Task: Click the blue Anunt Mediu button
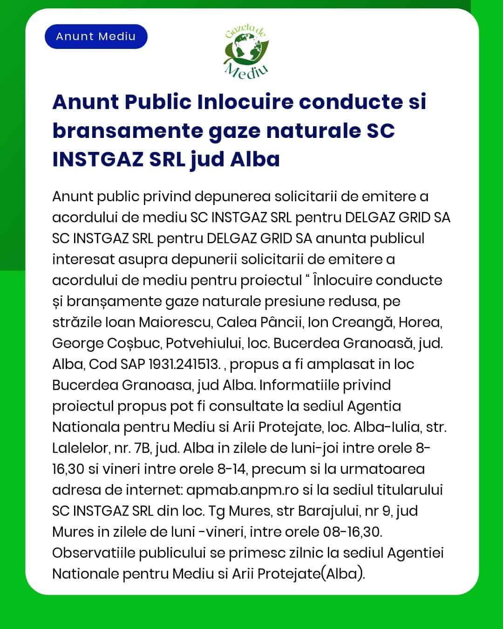tap(96, 37)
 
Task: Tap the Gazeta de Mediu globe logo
tap(246, 52)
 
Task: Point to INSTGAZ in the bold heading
tap(97, 159)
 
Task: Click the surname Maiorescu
tap(175, 322)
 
